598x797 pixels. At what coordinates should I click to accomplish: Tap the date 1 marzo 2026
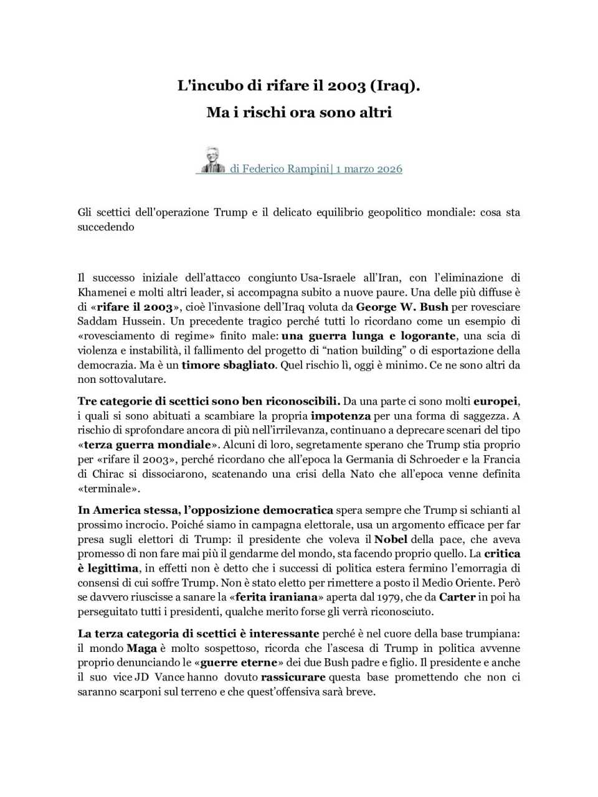coord(369,169)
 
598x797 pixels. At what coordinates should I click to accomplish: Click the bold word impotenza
coord(341,416)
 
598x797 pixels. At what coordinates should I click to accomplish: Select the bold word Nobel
coord(391,539)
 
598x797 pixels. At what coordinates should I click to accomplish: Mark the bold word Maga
coord(141,648)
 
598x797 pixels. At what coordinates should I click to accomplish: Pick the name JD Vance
coord(159,677)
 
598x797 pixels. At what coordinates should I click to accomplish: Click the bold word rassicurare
coord(293,677)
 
